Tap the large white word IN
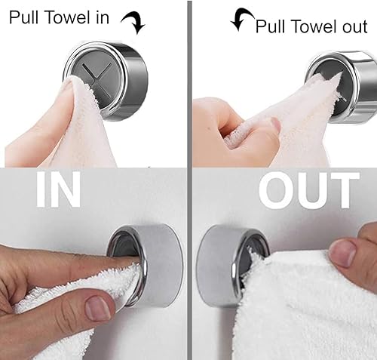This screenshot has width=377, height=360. pyautogui.click(x=58, y=189)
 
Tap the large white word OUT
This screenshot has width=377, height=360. pyautogui.click(x=309, y=190)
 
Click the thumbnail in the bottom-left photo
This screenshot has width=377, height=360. pyautogui.click(x=98, y=308)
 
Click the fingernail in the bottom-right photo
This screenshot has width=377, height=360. pyautogui.click(x=342, y=252)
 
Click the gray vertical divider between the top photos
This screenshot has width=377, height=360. pyautogui.click(x=189, y=83)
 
